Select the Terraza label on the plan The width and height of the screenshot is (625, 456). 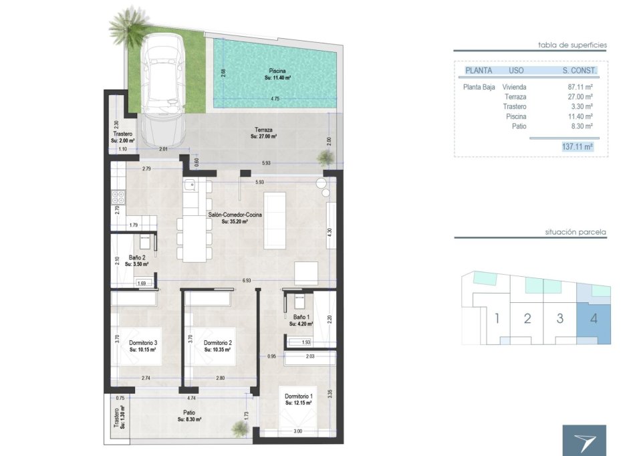click(263, 132)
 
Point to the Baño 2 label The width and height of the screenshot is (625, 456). click(136, 260)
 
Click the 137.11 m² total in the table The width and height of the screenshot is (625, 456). click(578, 146)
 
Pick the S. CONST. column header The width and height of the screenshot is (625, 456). click(578, 70)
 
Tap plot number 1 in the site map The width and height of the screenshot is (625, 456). click(497, 318)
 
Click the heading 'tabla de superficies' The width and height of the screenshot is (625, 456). click(572, 45)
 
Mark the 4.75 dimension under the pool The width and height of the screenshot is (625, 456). click(275, 99)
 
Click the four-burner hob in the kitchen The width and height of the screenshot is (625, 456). click(118, 197)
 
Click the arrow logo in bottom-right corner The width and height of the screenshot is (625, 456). click(584, 441)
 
